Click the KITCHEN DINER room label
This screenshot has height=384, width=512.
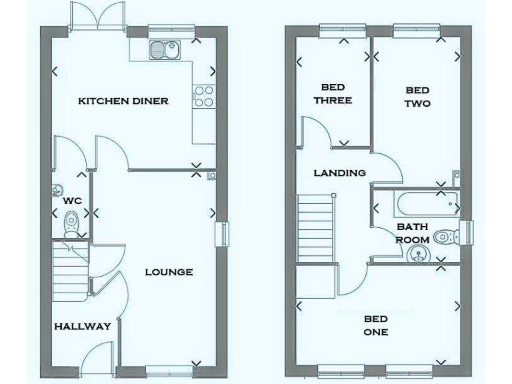click(x=123, y=101)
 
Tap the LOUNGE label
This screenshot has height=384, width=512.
click(x=169, y=272)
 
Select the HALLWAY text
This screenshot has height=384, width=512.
click(x=83, y=327)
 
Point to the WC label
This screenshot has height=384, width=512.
click(x=72, y=200)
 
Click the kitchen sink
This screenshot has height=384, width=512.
click(x=163, y=50)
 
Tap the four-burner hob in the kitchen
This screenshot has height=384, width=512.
click(x=203, y=97)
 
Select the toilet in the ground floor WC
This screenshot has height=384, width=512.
click(x=71, y=223)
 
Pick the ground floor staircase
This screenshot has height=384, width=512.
click(x=70, y=270)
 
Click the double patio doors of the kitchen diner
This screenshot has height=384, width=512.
click(x=97, y=17)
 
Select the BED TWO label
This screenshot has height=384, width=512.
click(x=418, y=97)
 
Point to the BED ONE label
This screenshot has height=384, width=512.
click(x=376, y=325)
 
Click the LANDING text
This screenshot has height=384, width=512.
click(x=340, y=173)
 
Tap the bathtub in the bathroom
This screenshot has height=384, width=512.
click(x=424, y=200)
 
